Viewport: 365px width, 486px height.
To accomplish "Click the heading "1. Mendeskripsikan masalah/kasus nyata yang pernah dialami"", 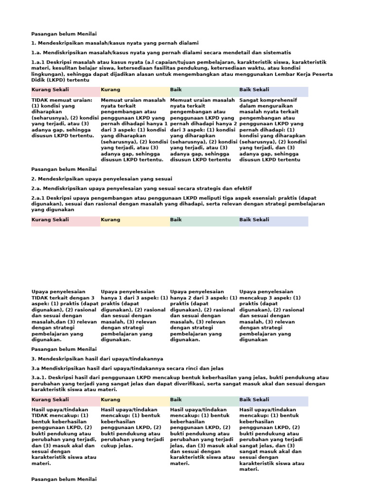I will tap(115, 43).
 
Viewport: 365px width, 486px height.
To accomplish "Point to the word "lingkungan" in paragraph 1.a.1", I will tap(45, 75).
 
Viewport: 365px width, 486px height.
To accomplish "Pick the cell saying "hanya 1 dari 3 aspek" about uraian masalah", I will tap(134, 130).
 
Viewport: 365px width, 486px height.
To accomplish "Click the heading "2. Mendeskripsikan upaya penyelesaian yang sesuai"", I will tap(101, 178).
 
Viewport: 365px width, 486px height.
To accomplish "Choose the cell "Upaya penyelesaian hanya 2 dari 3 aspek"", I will tap(203, 315).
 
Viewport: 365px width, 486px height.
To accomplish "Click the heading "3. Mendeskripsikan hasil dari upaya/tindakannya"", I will tap(97, 359).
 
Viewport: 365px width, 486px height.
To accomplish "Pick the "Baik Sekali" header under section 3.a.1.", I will tap(254, 400).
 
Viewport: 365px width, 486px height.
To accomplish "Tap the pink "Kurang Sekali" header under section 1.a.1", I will tap(50, 90).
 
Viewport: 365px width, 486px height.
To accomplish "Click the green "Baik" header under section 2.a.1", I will tap(176, 220).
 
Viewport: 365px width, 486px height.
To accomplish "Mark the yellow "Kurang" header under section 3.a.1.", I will tap(111, 400).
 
